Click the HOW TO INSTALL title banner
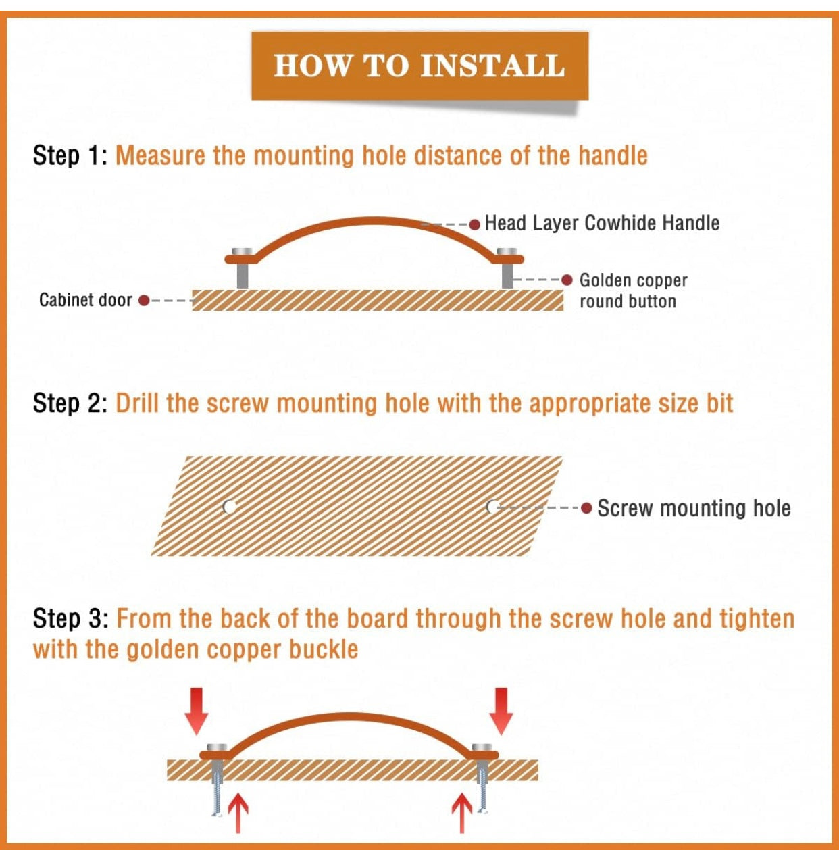pos(419,66)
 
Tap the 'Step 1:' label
pos(70,155)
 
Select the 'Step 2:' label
pos(70,403)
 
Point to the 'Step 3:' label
pos(70,618)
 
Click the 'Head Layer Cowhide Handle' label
pos(602,223)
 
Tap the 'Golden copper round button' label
pos(634,291)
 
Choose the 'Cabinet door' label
pos(86,300)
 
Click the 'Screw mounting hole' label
pos(694,508)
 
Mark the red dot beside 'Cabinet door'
pos(144,301)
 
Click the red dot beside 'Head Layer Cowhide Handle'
pos(475,224)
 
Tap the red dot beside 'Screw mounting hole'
pos(586,508)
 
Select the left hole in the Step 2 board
pos(230,507)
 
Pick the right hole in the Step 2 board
pos(492,507)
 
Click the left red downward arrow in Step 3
pos(196,711)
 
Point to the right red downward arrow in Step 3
pos(501,711)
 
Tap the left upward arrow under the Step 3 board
pos(238,812)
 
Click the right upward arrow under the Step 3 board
pos(462,812)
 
